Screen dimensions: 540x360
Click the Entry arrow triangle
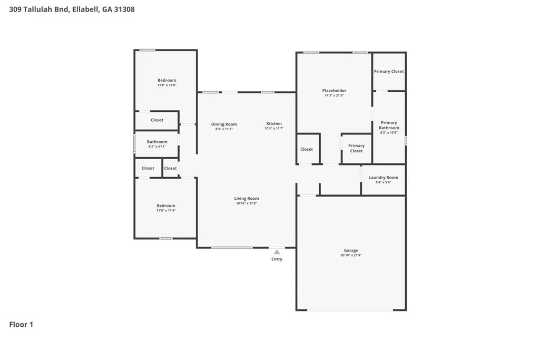(x=277, y=252)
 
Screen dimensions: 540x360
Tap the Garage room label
(x=351, y=250)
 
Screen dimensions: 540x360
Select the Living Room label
(x=247, y=198)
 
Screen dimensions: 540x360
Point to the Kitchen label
(x=274, y=123)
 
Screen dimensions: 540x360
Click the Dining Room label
(x=224, y=124)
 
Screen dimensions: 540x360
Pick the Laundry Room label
(x=384, y=178)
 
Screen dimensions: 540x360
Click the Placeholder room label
(x=335, y=91)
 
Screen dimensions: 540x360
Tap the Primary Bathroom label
(x=389, y=125)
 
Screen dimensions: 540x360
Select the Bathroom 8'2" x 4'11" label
(x=157, y=144)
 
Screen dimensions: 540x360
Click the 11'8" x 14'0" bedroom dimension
(x=167, y=85)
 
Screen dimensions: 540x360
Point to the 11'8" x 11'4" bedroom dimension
(x=166, y=210)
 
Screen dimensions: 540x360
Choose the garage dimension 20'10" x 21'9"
(x=351, y=255)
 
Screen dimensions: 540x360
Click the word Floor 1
(x=21, y=325)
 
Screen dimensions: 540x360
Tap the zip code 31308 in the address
(x=124, y=9)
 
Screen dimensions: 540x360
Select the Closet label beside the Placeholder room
(x=307, y=149)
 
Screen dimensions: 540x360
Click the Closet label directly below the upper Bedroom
(x=157, y=120)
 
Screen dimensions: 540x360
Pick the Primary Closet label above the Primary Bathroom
(x=389, y=71)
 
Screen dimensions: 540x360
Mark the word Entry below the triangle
(x=277, y=259)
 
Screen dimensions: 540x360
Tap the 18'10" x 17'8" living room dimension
(x=247, y=203)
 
